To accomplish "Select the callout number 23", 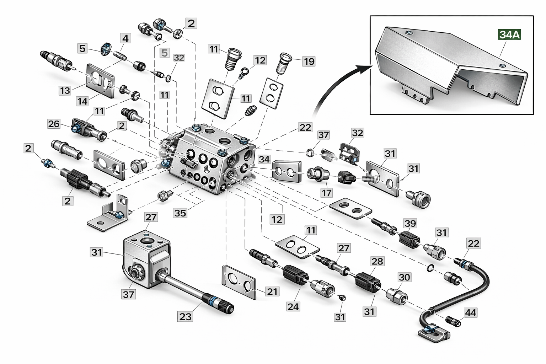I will coord(186,316).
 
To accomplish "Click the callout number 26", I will coord(54,124).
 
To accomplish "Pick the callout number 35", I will coord(180,213).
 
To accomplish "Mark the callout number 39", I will coord(410,223).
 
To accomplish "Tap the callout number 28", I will coord(377,261).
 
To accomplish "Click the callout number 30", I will coord(404,277).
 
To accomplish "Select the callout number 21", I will coord(272,291).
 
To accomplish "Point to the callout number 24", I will coord(293,306).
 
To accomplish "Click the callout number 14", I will coord(82,101).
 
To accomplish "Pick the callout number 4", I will coord(125,38).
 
